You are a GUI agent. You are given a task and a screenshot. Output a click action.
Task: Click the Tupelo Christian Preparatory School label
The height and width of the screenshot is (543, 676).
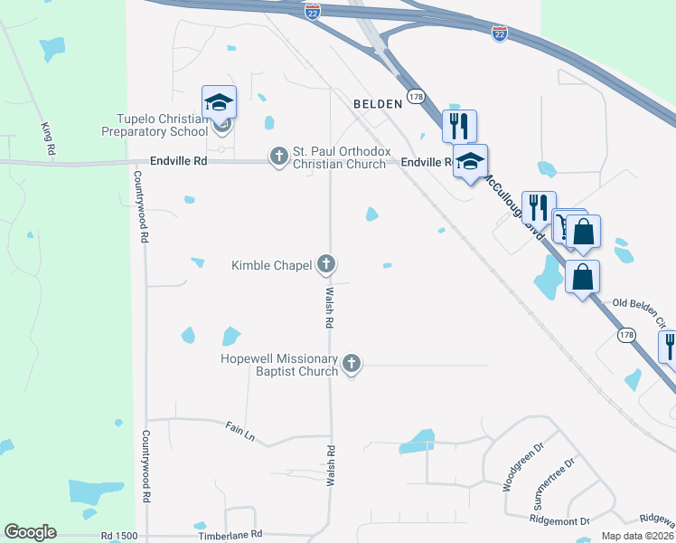pyautogui.click(x=163, y=125)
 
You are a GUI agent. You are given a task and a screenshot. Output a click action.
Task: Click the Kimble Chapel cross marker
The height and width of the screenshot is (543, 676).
pyautogui.click(x=326, y=264)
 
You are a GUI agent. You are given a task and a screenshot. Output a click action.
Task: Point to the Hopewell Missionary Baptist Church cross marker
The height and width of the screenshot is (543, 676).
pyautogui.click(x=352, y=365)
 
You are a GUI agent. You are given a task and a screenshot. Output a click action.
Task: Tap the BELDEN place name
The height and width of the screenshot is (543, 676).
pyautogui.click(x=378, y=104)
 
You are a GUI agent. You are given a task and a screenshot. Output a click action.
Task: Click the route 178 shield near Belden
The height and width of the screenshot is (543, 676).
pyautogui.click(x=416, y=97)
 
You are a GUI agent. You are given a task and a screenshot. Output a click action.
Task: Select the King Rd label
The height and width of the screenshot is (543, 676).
pyautogui.click(x=48, y=137)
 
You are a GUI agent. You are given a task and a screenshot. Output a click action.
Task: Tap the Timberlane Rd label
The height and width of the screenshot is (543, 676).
pyautogui.click(x=230, y=536)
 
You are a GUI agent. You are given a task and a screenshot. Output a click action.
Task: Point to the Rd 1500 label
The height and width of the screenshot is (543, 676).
pyautogui.click(x=119, y=536)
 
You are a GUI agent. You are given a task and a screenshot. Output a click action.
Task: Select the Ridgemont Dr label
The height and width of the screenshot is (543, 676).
pyautogui.click(x=560, y=521)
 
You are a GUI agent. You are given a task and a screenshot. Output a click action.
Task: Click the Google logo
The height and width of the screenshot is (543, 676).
pyautogui.click(x=30, y=532)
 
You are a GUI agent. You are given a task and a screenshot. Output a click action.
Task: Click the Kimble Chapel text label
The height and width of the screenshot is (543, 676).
pyautogui.click(x=271, y=264)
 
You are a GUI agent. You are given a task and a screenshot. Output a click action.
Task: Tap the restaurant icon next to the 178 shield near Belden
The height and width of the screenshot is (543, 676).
pyautogui.click(x=459, y=126)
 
